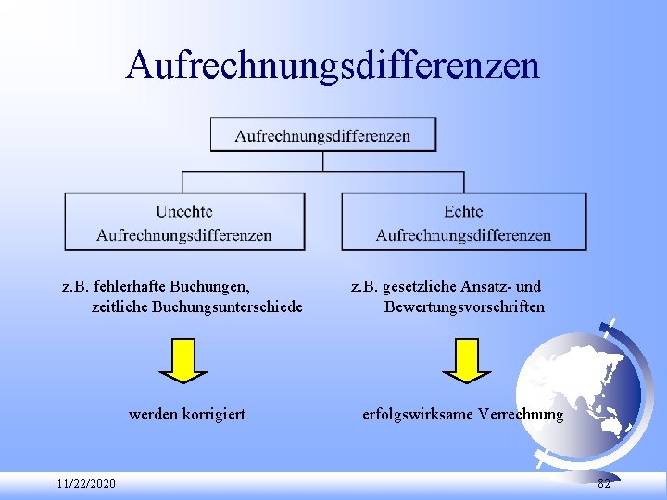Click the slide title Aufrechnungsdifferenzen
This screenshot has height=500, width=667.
(333, 65)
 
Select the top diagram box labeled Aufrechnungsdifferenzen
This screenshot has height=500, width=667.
(322, 135)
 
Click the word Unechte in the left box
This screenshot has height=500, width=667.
(184, 212)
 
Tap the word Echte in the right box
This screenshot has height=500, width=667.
(463, 212)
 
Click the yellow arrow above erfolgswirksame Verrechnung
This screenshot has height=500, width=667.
(466, 359)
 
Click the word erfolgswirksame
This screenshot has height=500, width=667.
(418, 414)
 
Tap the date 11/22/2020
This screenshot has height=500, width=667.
(85, 484)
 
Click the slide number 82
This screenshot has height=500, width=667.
(604, 484)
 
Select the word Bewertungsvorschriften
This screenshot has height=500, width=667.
(464, 306)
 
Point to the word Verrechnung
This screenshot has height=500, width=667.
(522, 414)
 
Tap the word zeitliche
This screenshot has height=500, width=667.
(120, 306)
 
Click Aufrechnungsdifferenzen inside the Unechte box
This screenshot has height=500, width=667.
(184, 235)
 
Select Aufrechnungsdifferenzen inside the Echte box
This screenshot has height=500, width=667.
(463, 235)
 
